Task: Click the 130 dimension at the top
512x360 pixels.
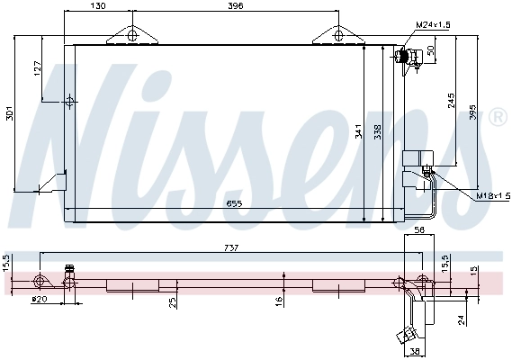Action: point(98,6)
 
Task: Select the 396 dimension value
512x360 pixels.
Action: point(236,6)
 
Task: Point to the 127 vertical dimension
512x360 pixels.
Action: point(38,68)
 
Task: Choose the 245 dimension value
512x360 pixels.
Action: point(450,101)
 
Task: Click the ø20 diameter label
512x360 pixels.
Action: point(38,299)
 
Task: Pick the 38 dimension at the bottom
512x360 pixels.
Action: point(414,352)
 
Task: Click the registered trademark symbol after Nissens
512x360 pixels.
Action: point(496,118)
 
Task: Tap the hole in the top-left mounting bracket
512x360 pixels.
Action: point(132,36)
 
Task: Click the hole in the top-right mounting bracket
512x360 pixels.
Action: point(338,36)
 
